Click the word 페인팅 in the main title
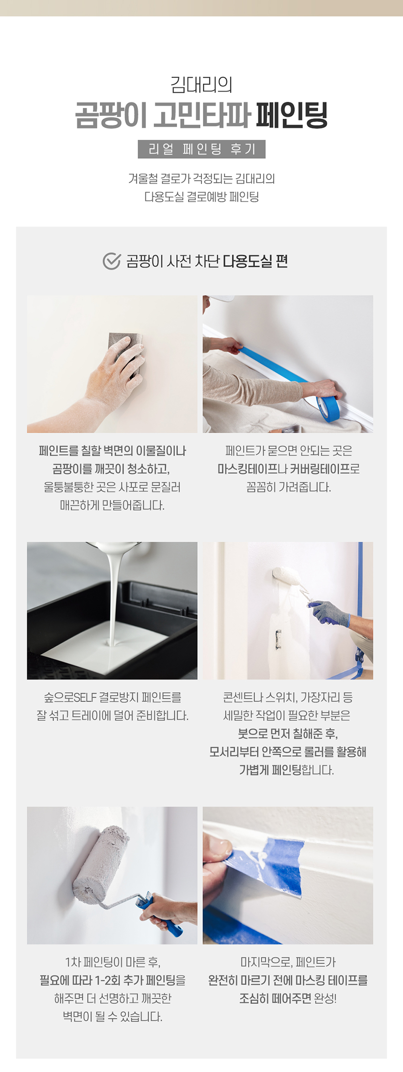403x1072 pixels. click(x=291, y=115)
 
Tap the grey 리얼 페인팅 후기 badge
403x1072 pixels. click(x=201, y=149)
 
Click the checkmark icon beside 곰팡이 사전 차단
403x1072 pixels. click(x=112, y=261)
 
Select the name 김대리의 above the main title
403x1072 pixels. click(x=201, y=85)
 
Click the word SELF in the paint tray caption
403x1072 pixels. click(x=85, y=697)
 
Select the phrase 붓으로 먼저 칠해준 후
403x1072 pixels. click(x=288, y=734)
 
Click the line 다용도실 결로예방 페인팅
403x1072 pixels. click(x=201, y=197)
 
